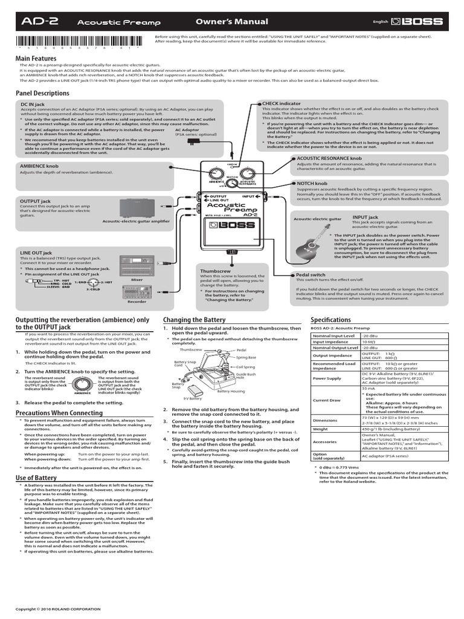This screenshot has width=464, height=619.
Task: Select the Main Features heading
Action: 40,58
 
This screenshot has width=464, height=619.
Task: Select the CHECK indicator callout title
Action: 282,104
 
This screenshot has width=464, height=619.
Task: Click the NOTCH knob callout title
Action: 312,183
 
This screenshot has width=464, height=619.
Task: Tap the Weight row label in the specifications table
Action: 321,430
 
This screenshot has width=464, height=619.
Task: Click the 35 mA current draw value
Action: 368,389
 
